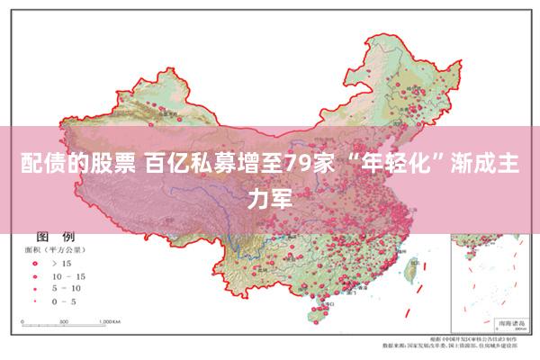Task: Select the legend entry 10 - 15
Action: point(68,275)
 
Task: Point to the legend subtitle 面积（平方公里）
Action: point(55,247)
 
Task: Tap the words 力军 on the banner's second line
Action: point(270,198)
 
